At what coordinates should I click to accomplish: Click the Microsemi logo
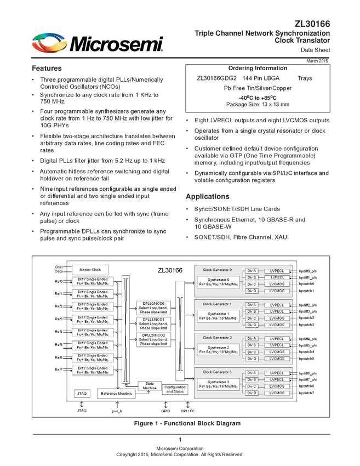click(x=97, y=43)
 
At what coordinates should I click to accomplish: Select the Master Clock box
click(x=90, y=270)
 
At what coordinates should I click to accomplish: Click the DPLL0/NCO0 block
click(x=153, y=308)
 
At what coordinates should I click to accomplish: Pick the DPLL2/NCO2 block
click(x=153, y=339)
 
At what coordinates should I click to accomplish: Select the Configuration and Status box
click(x=175, y=389)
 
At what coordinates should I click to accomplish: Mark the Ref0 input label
click(x=58, y=281)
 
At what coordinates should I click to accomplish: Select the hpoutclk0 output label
click(x=306, y=284)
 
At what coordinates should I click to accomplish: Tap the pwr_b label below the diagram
click(x=116, y=410)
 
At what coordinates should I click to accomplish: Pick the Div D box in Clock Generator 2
click(x=251, y=359)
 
